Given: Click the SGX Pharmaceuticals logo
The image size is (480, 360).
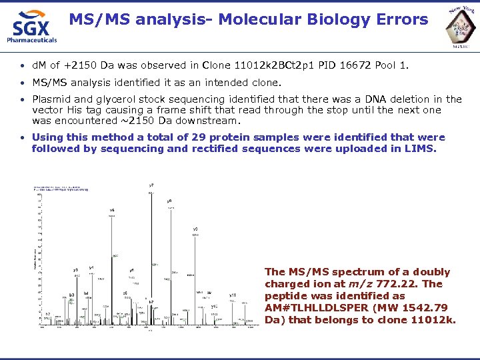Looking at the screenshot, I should (x=31, y=27).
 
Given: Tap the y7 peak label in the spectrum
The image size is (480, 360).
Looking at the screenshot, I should (x=151, y=185).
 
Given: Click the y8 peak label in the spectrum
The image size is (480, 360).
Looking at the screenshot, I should (x=169, y=201).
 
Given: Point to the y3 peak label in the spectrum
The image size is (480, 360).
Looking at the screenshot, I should (x=76, y=270).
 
